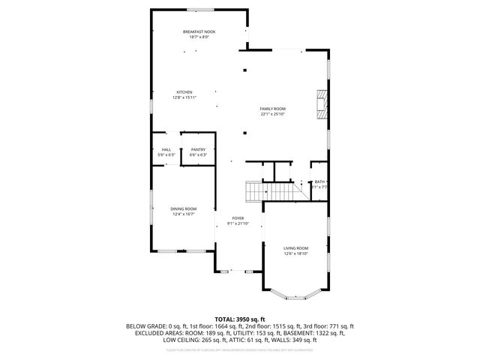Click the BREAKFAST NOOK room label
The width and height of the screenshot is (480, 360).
tap(194, 31)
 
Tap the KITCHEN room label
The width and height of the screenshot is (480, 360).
tap(184, 92)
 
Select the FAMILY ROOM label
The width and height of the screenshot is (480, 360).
tap(273, 109)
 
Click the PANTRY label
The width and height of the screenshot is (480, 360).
tap(198, 149)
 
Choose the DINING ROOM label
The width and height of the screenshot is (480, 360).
tap(184, 208)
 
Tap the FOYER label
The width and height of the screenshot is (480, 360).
tap(238, 217)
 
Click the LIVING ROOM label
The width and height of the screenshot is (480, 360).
tap(295, 248)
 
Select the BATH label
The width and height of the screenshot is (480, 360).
tap(320, 181)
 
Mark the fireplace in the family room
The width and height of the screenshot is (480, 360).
tap(322, 104)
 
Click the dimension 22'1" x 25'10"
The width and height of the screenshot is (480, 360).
tap(273, 114)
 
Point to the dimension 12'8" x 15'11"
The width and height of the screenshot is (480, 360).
tap(184, 97)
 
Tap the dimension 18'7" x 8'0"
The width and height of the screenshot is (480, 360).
tap(194, 37)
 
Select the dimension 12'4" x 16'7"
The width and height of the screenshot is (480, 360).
tap(184, 214)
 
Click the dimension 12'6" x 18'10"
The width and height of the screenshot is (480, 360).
tap(295, 253)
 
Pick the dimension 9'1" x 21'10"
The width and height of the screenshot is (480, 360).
tap(238, 223)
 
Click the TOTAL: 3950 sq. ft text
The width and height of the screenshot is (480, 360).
tap(240, 319)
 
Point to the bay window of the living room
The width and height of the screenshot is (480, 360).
tap(295, 289)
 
